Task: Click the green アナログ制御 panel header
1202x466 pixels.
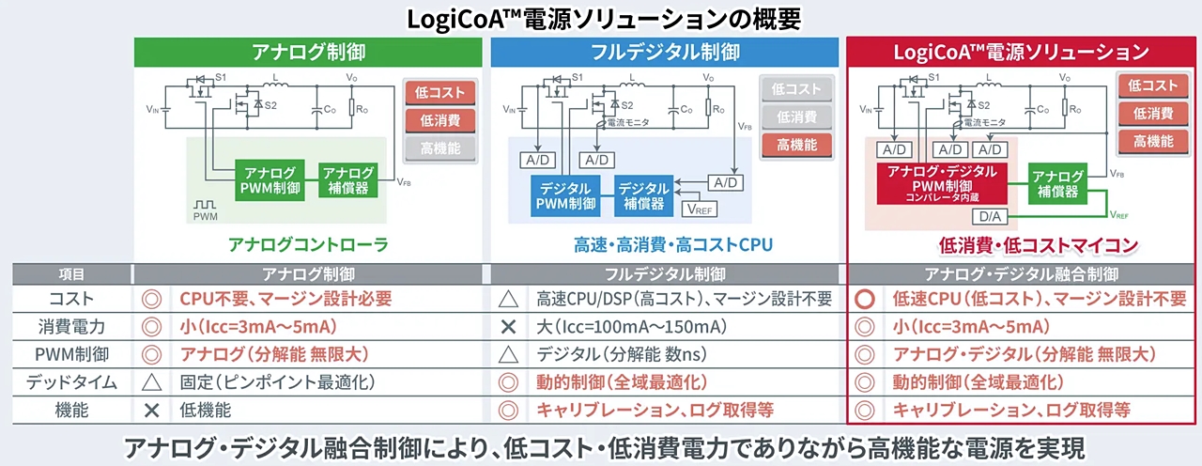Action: [308, 52]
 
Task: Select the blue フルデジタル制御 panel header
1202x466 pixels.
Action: [665, 52]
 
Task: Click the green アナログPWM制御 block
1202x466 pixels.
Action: [270, 180]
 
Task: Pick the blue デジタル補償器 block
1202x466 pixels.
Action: [643, 194]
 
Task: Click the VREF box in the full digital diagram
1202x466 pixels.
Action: [705, 209]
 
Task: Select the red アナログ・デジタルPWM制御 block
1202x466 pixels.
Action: [940, 180]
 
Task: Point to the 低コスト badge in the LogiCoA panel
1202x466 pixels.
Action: [1153, 86]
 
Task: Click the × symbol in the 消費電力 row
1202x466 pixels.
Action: [508, 328]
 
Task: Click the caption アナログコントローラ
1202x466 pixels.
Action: [308, 245]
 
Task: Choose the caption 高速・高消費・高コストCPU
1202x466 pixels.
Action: [672, 245]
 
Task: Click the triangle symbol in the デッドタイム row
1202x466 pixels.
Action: [147, 382]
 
